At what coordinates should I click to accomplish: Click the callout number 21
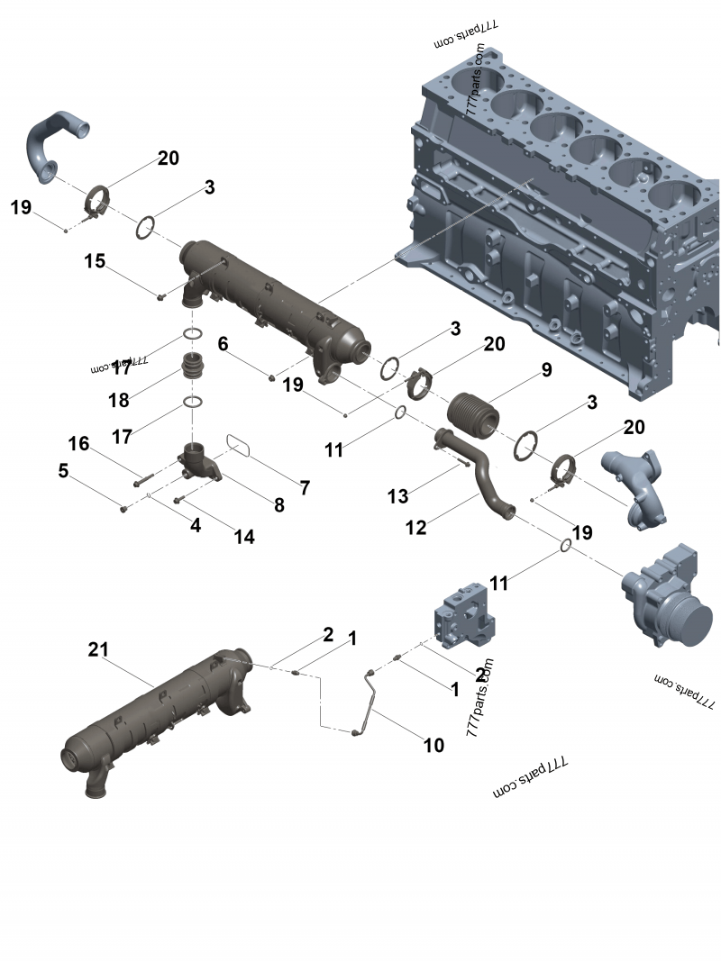pyautogui.click(x=98, y=648)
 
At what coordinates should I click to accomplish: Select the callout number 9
pyautogui.click(x=546, y=369)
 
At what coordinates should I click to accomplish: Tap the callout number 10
pyautogui.click(x=434, y=745)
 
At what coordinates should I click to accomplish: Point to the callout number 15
pyautogui.click(x=96, y=261)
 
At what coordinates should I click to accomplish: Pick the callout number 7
pyautogui.click(x=306, y=487)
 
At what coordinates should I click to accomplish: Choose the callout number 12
pyautogui.click(x=415, y=527)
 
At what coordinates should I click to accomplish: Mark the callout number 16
pyautogui.click(x=79, y=443)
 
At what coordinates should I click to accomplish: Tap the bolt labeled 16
pyautogui.click(x=148, y=474)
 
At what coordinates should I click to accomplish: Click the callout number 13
pyautogui.click(x=398, y=495)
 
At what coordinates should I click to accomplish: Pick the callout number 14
pyautogui.click(x=244, y=537)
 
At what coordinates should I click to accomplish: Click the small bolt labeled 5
pyautogui.click(x=124, y=510)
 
